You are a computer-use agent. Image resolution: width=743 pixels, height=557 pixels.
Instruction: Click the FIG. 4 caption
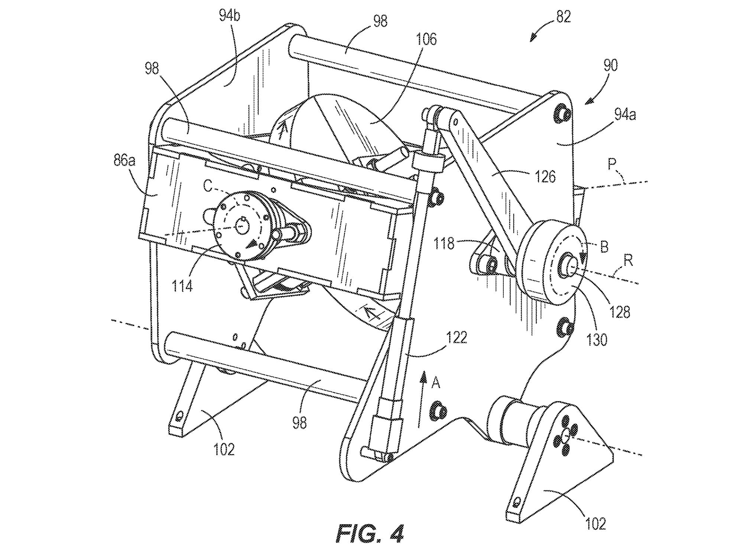pyautogui.click(x=369, y=534)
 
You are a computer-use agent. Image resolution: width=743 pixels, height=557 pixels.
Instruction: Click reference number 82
pyautogui.click(x=563, y=17)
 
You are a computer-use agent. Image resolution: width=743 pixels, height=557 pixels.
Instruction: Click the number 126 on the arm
pyautogui.click(x=545, y=176)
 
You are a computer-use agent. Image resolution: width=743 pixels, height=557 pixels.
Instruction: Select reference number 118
pyautogui.click(x=444, y=244)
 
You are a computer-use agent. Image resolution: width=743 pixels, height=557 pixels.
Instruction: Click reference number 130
pyautogui.click(x=597, y=339)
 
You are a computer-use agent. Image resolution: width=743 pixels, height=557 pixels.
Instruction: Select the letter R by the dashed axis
pyautogui.click(x=628, y=261)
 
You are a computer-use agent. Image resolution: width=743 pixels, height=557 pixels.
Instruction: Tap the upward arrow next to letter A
pyautogui.click(x=421, y=400)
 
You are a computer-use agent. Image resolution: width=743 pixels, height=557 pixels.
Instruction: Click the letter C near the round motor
pyautogui.click(x=207, y=187)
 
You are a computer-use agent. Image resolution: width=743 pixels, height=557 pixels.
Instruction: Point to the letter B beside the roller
pyautogui.click(x=604, y=247)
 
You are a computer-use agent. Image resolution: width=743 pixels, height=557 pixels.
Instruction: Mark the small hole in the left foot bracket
pyautogui.click(x=180, y=415)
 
